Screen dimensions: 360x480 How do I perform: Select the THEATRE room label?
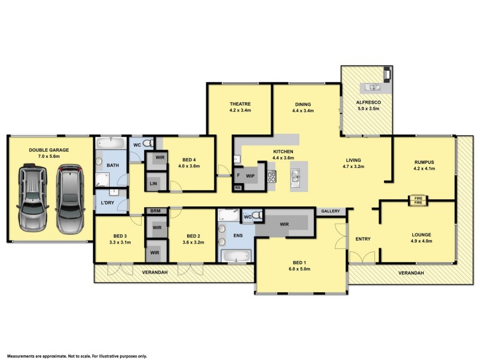pos(239,104)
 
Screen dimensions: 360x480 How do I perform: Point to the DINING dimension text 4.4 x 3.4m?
pos(302,111)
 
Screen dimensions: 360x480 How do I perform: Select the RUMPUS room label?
pos(424,161)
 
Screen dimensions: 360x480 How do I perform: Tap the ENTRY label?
pos(363,239)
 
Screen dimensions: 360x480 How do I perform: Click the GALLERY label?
pos(330,211)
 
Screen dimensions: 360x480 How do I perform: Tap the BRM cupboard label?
pos(155,211)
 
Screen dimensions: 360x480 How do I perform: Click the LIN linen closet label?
pos(153,183)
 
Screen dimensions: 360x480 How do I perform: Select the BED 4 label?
pos(191,160)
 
